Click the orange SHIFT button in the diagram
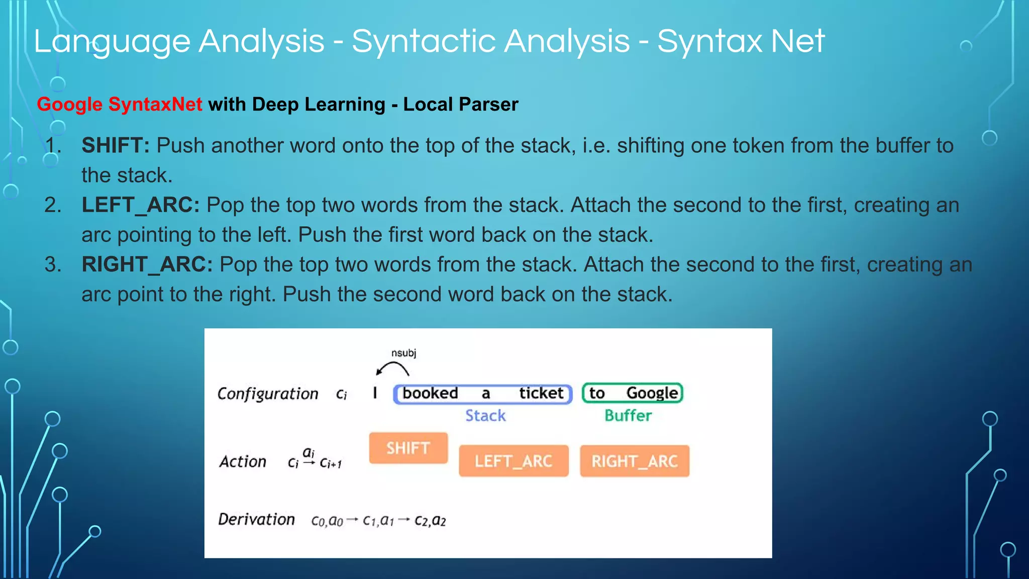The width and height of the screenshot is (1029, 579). click(x=408, y=448)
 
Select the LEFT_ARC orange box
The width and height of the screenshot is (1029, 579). click(x=513, y=461)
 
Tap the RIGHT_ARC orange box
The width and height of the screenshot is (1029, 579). click(x=635, y=461)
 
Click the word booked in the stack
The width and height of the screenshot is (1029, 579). click(x=430, y=393)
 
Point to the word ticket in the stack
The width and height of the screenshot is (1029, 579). click(x=541, y=393)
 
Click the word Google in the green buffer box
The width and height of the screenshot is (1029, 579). click(x=652, y=393)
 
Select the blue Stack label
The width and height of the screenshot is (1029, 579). click(x=485, y=416)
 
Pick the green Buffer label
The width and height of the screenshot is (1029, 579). click(x=628, y=416)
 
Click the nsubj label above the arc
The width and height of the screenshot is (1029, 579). click(x=404, y=353)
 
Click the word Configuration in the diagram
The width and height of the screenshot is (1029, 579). click(x=268, y=394)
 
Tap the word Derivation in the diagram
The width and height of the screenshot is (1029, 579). click(x=256, y=519)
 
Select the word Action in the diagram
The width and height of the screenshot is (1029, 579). click(x=243, y=461)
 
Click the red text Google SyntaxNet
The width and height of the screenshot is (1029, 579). click(x=120, y=105)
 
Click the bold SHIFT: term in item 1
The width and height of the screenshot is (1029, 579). click(x=116, y=146)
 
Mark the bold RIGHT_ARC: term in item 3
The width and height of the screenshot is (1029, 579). click(x=147, y=264)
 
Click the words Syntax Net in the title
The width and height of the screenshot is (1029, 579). click(x=741, y=41)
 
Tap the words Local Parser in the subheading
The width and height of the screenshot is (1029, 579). click(x=460, y=105)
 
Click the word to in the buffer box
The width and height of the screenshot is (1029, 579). click(x=597, y=393)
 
